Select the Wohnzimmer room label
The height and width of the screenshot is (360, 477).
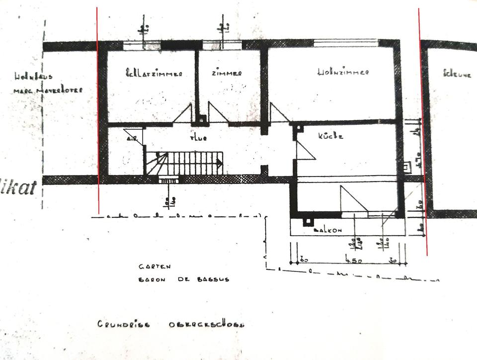343,72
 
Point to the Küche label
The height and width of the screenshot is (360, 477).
330,135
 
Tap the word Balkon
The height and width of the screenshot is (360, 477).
328,231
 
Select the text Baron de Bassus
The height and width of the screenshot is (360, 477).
184,279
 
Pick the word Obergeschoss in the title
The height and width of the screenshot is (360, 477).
206,325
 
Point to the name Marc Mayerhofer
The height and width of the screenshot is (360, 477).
48,90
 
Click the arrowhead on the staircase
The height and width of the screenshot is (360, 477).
220,162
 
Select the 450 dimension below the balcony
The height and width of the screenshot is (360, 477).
353,260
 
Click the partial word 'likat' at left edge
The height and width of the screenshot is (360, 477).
19,188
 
